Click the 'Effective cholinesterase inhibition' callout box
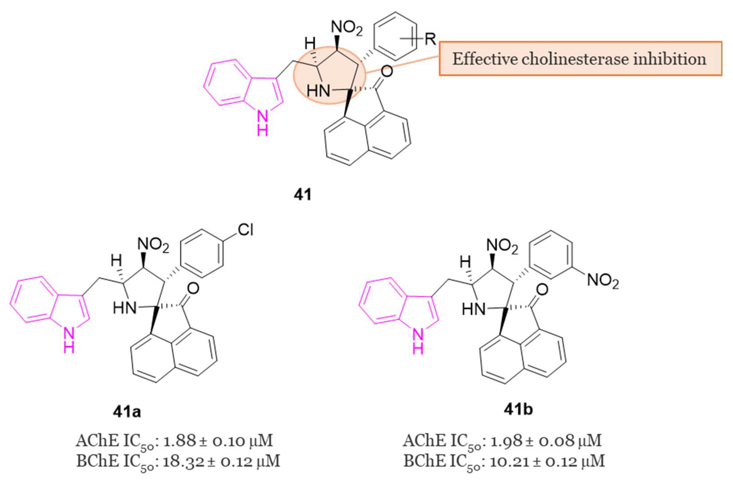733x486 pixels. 580,58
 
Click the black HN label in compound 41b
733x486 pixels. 473,309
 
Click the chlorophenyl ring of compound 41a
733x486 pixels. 203,253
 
